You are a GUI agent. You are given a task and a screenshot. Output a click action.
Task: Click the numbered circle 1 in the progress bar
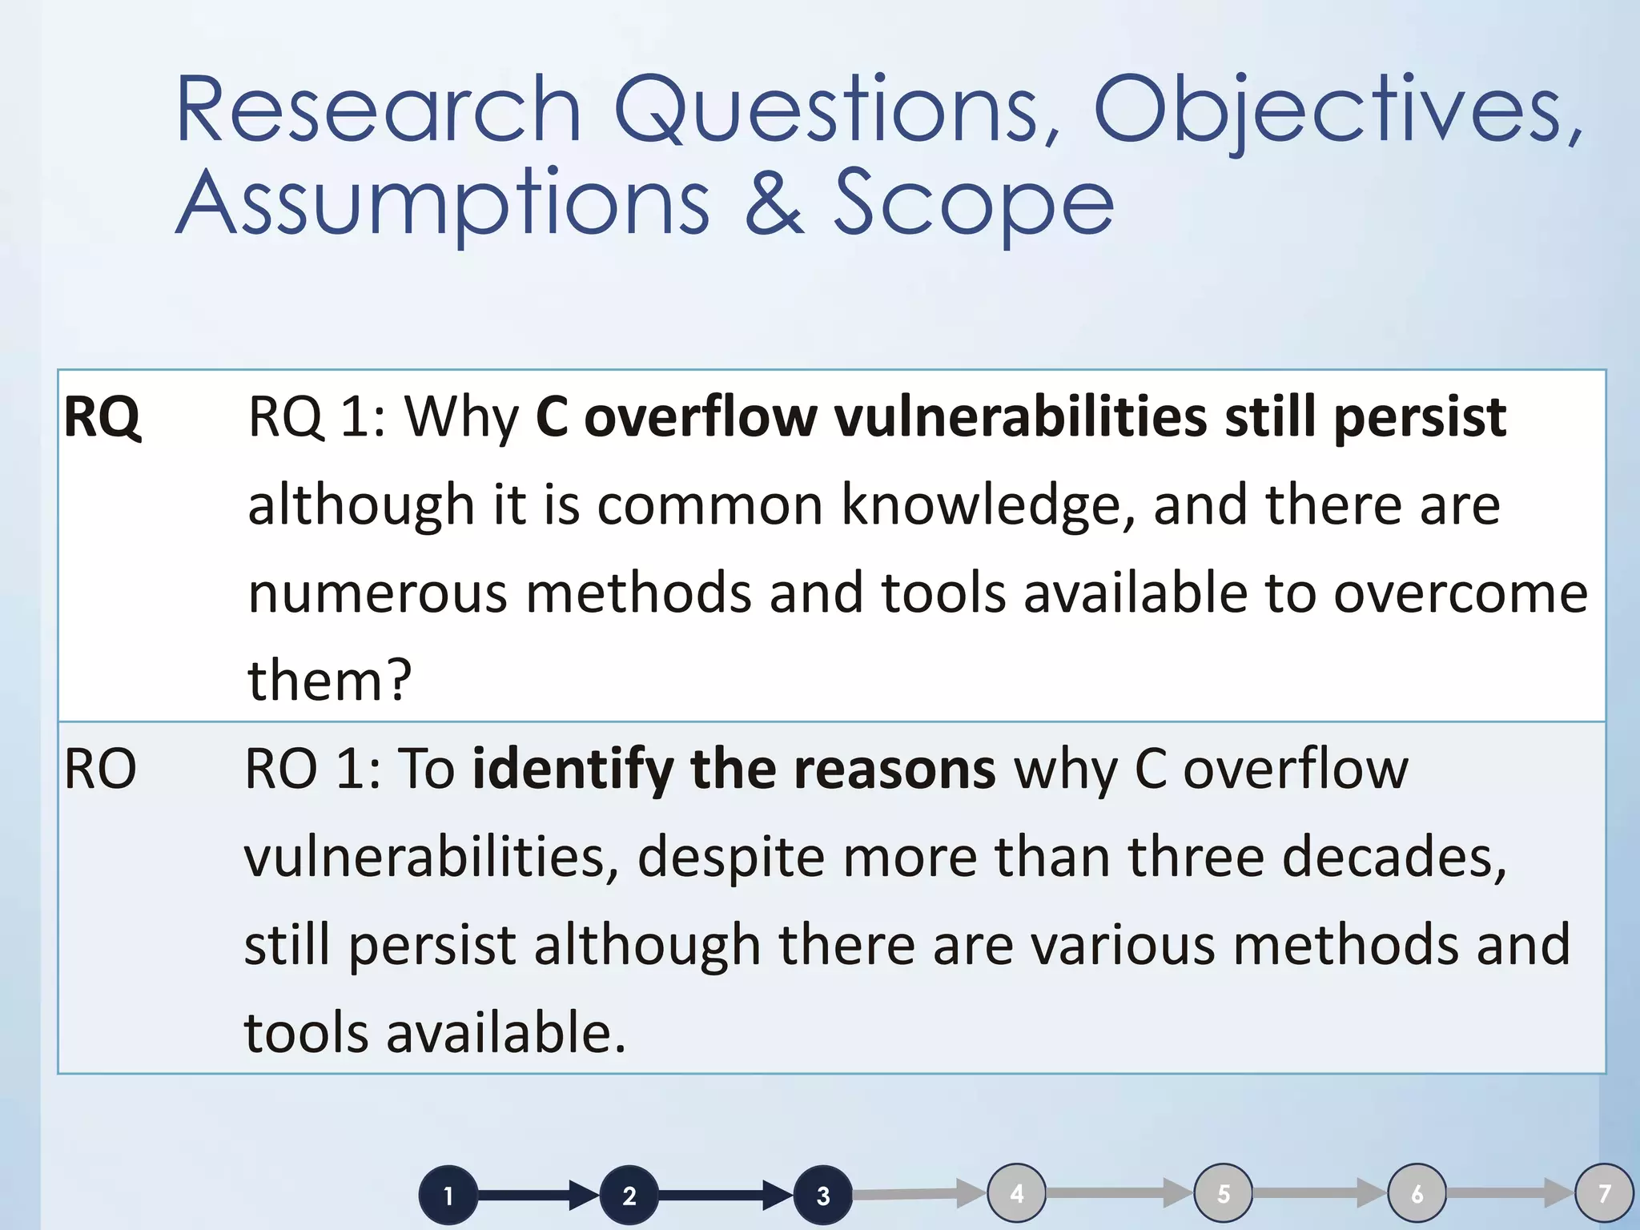point(448,1196)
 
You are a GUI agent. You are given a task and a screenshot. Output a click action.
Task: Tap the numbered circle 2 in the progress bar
point(629,1196)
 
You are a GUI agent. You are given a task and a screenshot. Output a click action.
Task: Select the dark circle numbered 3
point(822,1196)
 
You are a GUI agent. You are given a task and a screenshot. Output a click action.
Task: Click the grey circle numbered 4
point(1017,1193)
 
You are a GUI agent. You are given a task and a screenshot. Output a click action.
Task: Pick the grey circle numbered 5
point(1224,1193)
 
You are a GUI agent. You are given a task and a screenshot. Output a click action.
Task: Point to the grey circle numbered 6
point(1417,1193)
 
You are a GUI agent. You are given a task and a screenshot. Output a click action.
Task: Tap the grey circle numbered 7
point(1605,1193)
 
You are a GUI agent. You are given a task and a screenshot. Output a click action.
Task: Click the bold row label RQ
point(102,417)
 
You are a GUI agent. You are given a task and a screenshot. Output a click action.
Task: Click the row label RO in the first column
point(100,770)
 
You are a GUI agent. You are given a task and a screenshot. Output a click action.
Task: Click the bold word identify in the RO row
point(572,770)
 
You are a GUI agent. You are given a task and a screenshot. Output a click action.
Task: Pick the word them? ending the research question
point(329,680)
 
